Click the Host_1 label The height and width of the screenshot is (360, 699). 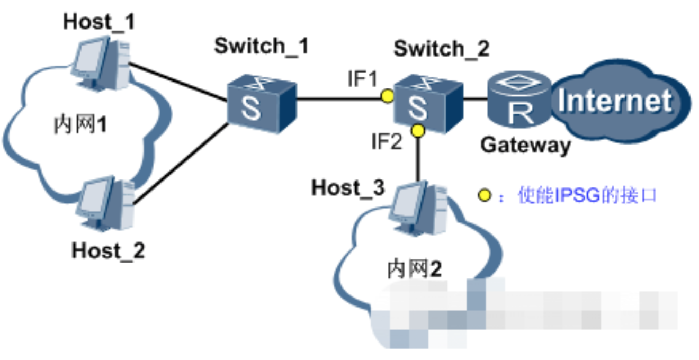tap(99, 22)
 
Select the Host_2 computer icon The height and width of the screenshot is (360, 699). tap(104, 204)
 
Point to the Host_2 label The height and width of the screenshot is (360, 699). tap(108, 250)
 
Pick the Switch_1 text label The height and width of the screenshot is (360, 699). tap(261, 46)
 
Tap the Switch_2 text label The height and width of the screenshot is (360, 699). tap(442, 49)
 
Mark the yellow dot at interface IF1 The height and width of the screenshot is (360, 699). tap(388, 96)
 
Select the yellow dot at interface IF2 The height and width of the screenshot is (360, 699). tap(418, 129)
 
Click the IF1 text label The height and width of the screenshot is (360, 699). tap(362, 79)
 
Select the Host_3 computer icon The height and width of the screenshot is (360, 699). tap(417, 209)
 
